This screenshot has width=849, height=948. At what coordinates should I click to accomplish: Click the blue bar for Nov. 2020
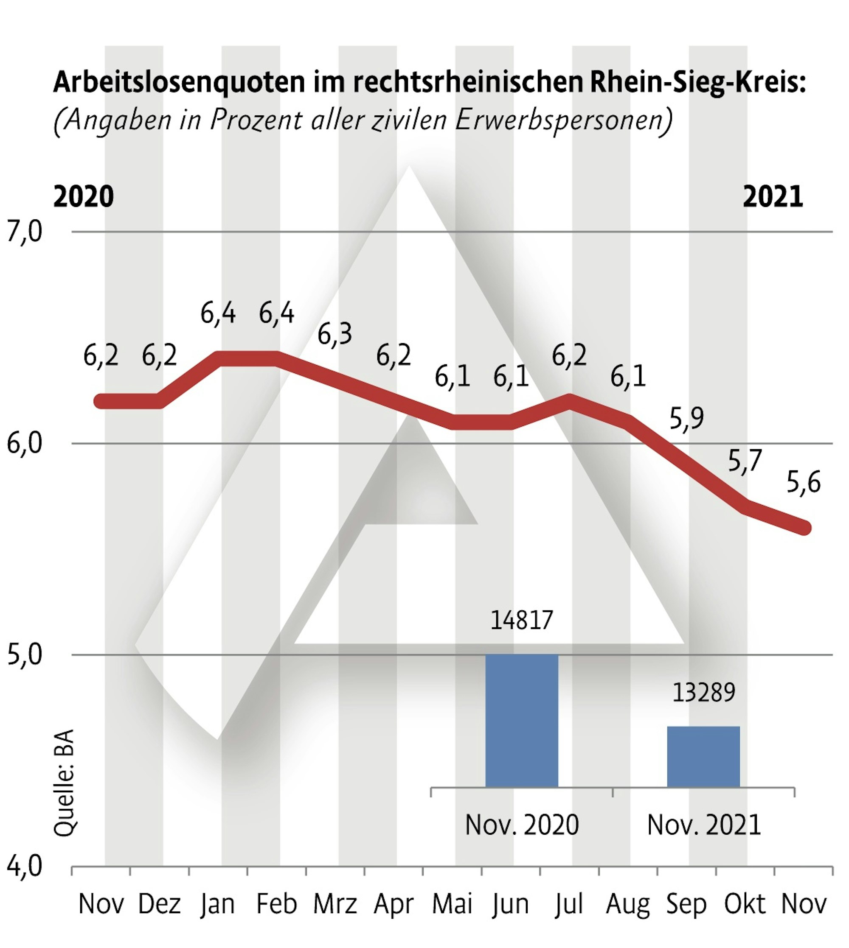click(522, 720)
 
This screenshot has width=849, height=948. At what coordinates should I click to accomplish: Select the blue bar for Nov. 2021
click(703, 756)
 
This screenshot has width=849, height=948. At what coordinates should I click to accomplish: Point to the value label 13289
click(703, 692)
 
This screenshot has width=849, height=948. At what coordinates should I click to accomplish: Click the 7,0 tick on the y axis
click(24, 232)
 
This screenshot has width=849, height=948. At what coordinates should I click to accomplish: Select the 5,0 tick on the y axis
click(24, 655)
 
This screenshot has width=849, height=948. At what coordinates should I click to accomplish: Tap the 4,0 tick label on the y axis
click(24, 866)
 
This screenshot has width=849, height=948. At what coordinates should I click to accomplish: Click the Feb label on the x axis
click(276, 904)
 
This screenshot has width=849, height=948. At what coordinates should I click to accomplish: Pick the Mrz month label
click(335, 904)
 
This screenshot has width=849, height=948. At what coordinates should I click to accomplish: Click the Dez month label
click(159, 904)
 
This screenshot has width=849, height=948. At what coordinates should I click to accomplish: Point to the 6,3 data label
click(335, 335)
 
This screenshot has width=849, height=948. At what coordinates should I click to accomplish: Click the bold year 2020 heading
click(84, 197)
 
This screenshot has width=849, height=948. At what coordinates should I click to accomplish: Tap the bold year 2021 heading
click(773, 197)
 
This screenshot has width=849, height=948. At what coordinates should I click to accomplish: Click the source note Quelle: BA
click(65, 783)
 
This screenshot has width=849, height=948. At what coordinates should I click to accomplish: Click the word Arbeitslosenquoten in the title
click(179, 82)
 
